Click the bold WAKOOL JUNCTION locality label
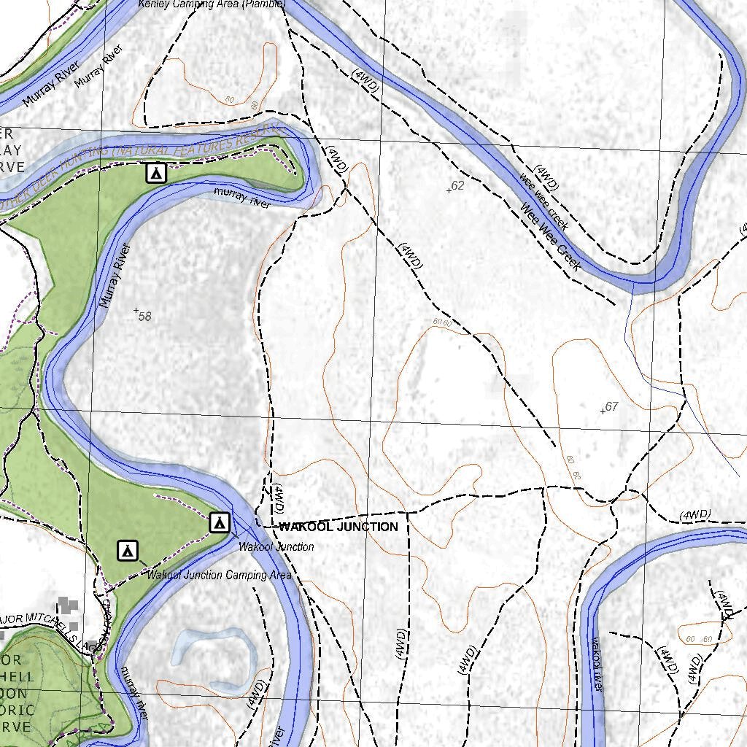pos(338,527)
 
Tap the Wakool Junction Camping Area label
pos(219,575)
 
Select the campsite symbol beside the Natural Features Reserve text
pos(155,173)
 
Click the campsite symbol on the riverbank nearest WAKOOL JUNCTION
pos(220,522)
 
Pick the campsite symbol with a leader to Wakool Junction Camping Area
pos(128,550)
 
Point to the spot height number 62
pos(457,185)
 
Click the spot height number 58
pos(144,316)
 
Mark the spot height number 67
pos(611,406)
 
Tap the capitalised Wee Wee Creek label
pos(551,237)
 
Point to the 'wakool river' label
pos(596,664)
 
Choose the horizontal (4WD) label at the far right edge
pos(694,515)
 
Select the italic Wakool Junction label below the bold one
pos(276,546)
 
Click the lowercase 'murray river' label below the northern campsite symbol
pos(241,197)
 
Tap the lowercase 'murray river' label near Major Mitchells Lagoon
pos(135,693)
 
